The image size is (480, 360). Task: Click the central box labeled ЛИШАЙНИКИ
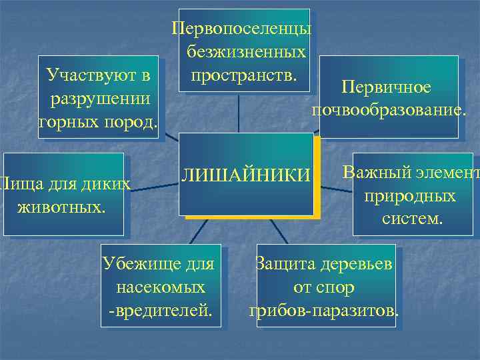tap(247, 175)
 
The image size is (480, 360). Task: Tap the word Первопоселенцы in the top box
tap(241, 30)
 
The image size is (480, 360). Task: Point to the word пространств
tap(244, 71)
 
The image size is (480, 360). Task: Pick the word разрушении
tap(99, 98)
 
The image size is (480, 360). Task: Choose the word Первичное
tap(386, 87)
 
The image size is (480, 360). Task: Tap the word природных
tap(410, 196)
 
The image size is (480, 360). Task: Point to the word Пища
tap(14, 183)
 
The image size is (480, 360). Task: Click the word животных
tap(60, 205)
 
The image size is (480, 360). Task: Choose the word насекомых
tap(160, 287)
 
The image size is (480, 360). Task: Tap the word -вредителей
tap(160, 311)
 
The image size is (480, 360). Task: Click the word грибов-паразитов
tap(324, 311)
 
